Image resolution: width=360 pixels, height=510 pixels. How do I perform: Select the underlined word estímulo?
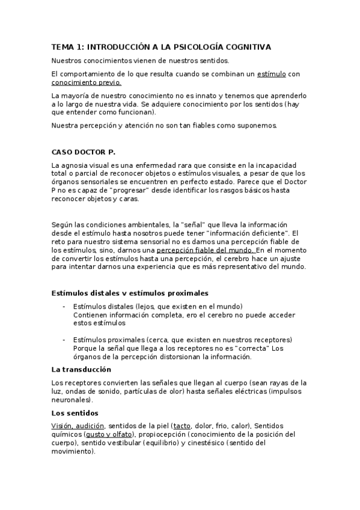coord(271,73)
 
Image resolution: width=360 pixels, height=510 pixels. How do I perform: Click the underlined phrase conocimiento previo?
coord(86,82)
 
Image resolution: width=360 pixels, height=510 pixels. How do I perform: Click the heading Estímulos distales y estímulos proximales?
coord(130,293)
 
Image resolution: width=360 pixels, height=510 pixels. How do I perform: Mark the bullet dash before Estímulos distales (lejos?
coord(64,306)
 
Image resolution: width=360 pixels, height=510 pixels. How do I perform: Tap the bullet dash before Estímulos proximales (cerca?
coord(64,339)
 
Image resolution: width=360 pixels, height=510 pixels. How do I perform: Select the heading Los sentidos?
coord(75,413)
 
